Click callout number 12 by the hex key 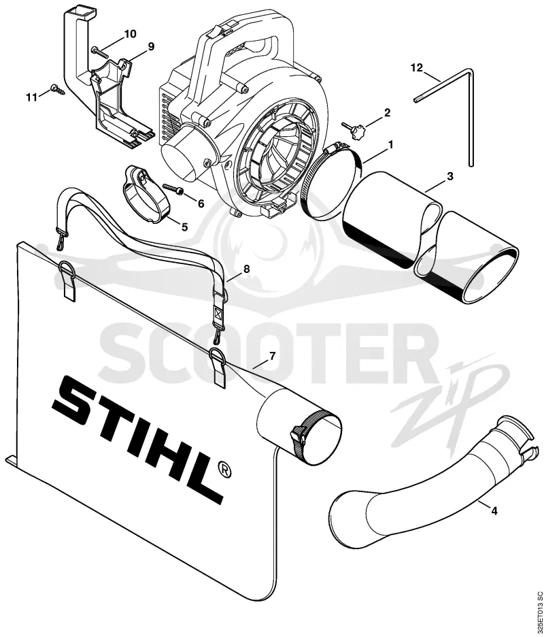click(x=417, y=67)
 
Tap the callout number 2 click(x=387, y=112)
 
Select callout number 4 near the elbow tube click(x=494, y=510)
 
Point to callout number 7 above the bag click(x=272, y=356)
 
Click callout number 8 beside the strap click(x=246, y=269)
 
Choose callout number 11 click(x=32, y=97)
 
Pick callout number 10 click(x=130, y=34)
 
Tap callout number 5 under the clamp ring click(x=184, y=227)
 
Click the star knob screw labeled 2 click(x=354, y=131)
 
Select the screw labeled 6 click(x=173, y=188)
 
